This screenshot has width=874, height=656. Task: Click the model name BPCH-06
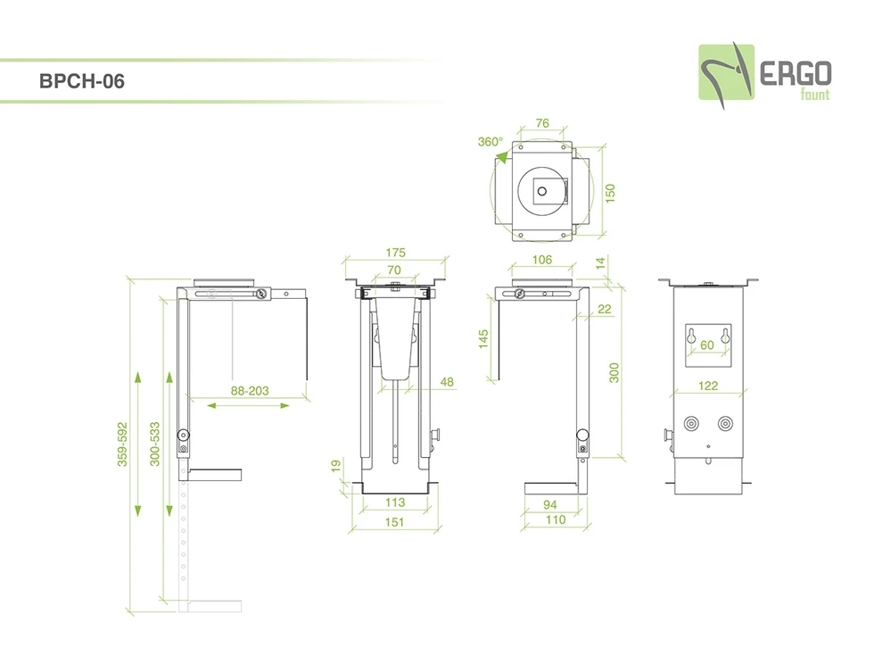point(82,81)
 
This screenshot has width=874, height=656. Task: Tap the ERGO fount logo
point(764,71)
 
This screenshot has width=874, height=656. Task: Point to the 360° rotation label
point(490,142)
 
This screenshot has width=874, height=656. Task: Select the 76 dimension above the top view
point(540,123)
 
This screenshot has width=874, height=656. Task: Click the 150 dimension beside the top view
point(610,193)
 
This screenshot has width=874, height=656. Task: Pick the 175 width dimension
point(396,253)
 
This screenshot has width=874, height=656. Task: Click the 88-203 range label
point(250,390)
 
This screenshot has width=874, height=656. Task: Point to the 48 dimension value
point(447,382)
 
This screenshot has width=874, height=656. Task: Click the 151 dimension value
point(394,522)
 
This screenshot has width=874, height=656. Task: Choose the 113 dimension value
point(394,502)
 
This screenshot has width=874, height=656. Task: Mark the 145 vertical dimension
point(483,338)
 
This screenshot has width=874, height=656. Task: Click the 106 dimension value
point(541,260)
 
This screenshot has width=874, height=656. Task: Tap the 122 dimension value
point(707,386)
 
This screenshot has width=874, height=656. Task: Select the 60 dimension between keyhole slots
point(707,345)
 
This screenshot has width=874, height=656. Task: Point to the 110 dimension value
point(555,519)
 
